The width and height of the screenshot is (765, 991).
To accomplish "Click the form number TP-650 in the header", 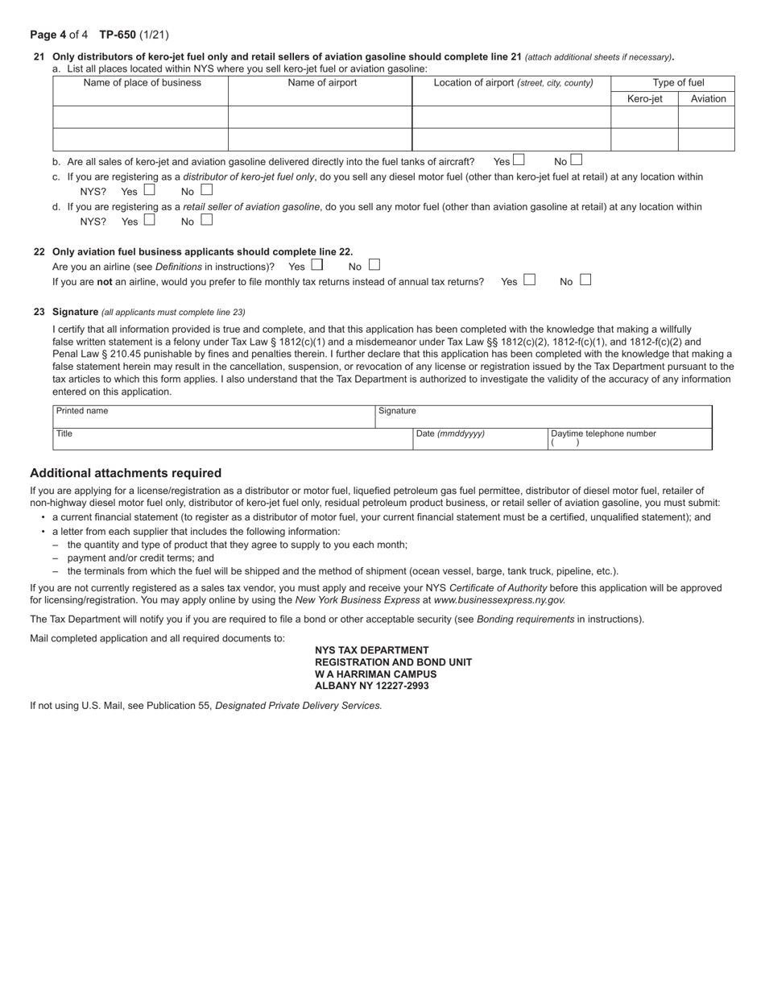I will [x=118, y=35].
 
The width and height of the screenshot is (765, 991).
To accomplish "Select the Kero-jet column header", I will [x=644, y=99].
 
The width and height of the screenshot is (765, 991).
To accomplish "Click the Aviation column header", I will [x=708, y=99].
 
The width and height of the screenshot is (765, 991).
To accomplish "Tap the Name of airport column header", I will [x=322, y=83].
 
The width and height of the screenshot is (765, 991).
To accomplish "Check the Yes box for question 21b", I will [x=519, y=160].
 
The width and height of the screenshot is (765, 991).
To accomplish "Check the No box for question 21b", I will [x=576, y=160].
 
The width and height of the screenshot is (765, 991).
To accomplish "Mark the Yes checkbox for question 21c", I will [x=149, y=190].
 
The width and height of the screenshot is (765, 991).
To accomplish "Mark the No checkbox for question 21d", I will [x=207, y=220].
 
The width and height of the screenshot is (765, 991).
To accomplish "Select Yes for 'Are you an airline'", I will [x=317, y=265].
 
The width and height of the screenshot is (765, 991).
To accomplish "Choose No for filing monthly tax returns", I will [x=585, y=280].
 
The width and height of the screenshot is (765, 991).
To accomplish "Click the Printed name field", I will [x=214, y=417].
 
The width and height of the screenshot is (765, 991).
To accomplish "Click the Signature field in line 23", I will [x=544, y=417].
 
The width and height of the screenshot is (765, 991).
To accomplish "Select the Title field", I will [x=232, y=439].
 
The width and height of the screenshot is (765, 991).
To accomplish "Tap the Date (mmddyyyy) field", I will [x=480, y=440].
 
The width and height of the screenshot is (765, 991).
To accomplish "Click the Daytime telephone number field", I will [x=630, y=440].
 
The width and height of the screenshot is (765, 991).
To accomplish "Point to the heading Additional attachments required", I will [x=126, y=473].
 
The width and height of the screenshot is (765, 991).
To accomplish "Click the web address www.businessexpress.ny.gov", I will [x=499, y=600].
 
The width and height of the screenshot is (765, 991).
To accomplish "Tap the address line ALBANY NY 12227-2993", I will [x=372, y=686].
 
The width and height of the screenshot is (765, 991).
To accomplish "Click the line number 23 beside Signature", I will [x=39, y=312].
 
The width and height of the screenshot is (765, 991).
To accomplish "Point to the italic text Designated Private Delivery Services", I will [x=298, y=706].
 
